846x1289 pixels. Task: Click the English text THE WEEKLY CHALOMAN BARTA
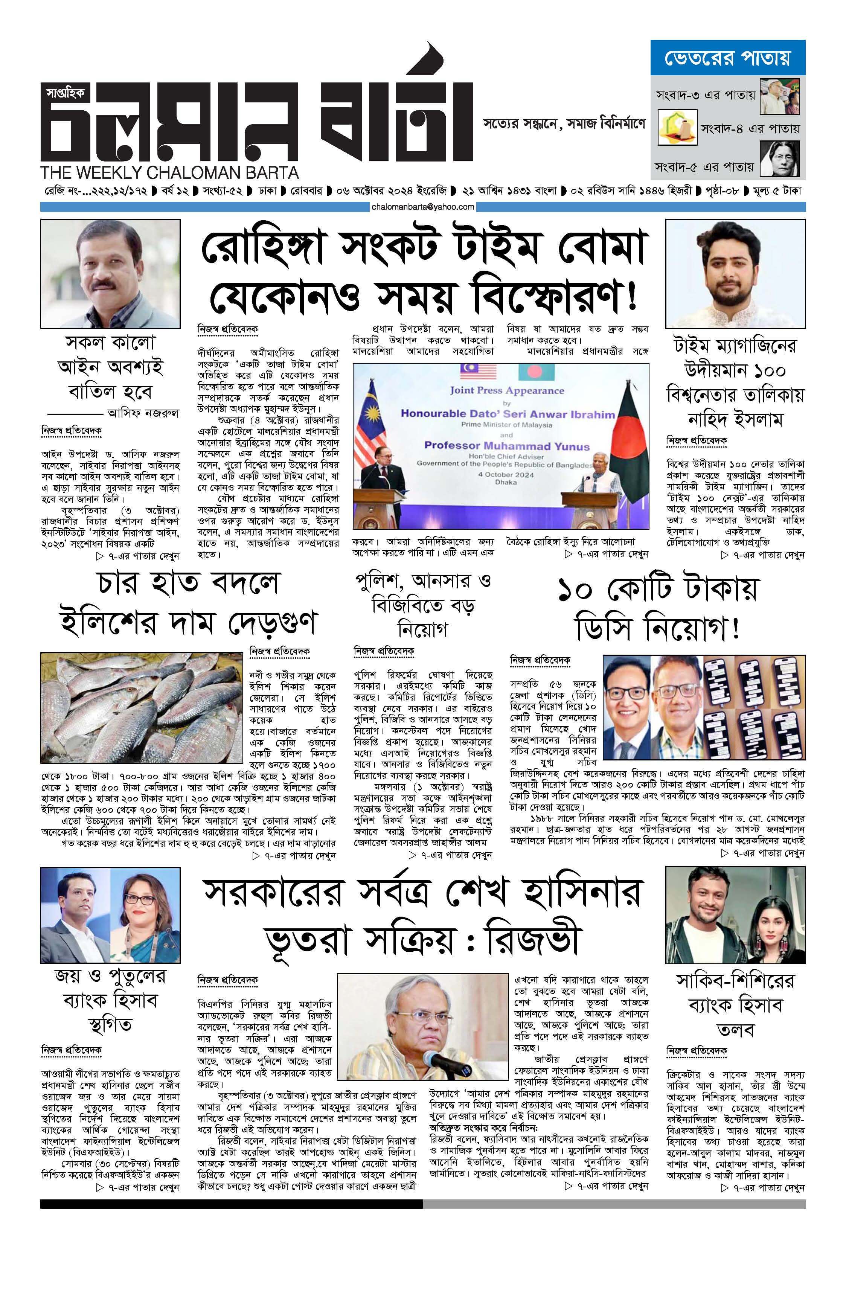169,173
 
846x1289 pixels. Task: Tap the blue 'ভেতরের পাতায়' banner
727,57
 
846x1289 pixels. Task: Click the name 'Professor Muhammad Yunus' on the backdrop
506,446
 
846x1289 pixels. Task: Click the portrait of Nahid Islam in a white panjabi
735,274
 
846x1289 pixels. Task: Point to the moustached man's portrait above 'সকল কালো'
110,274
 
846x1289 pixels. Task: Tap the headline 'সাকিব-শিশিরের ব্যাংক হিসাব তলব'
735,1005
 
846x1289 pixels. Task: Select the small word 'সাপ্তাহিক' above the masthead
65,93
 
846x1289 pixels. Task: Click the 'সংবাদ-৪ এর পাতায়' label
750,129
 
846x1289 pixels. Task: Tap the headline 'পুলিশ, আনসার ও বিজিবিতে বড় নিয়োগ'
423,605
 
